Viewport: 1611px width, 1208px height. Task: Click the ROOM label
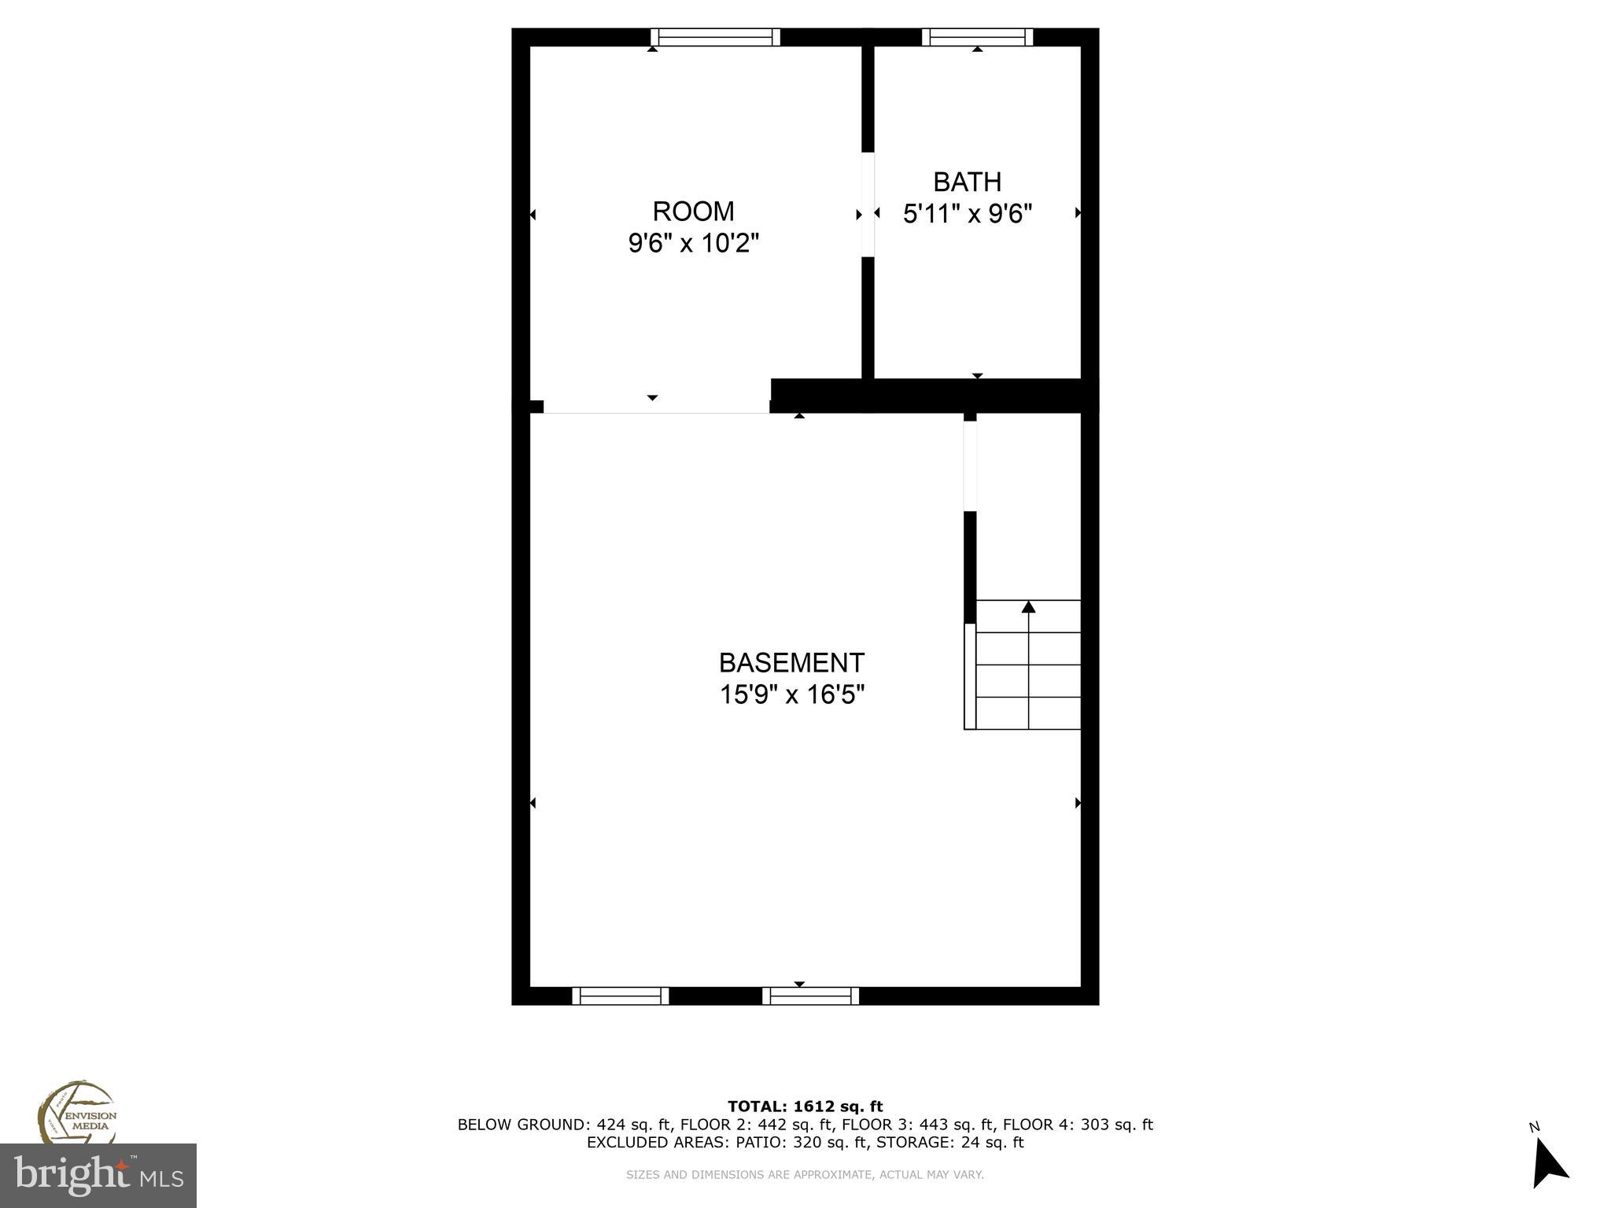pos(693,212)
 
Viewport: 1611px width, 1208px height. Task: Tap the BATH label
pos(967,182)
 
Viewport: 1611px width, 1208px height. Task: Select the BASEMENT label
pos(791,663)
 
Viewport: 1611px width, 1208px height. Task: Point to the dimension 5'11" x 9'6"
pos(967,214)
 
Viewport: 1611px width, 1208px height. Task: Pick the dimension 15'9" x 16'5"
pos(791,695)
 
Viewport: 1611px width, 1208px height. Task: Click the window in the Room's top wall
pos(716,37)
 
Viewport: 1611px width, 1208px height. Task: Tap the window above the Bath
pos(977,37)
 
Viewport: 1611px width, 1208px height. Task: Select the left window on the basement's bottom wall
pos(620,996)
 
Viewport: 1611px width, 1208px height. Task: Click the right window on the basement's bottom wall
pos(810,996)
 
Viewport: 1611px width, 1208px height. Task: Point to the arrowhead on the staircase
pos(1028,606)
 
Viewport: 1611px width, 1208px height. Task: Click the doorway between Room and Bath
pos(868,204)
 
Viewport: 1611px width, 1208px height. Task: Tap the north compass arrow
pos(1549,1166)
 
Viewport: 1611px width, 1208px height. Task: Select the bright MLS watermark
pos(98,1175)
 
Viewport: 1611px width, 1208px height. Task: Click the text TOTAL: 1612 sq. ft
pos(805,1107)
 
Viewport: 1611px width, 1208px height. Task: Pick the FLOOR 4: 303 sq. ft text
pos(1078,1125)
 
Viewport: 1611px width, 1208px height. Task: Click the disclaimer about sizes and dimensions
pos(805,1175)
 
